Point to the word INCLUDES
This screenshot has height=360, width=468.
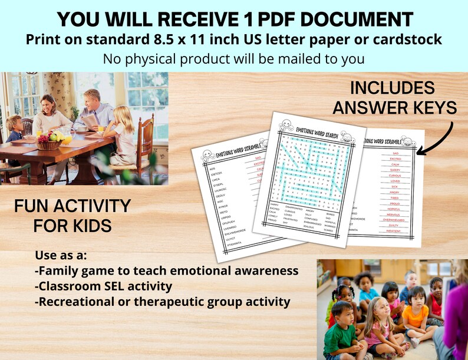pos(392,89)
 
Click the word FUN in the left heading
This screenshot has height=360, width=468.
pos(31,206)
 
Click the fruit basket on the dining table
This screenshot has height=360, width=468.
pos(51,141)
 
